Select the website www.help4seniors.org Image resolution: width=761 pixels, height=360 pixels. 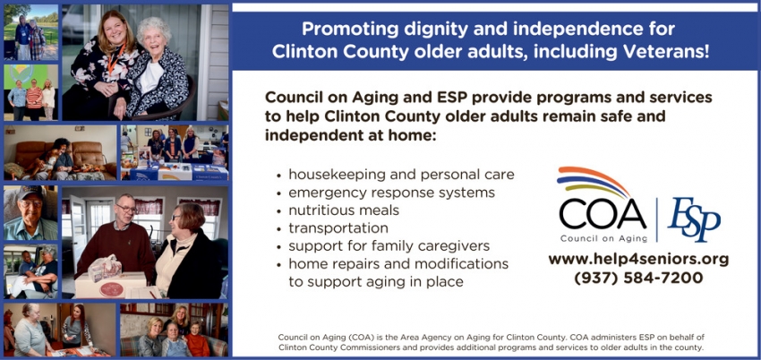point(637,259)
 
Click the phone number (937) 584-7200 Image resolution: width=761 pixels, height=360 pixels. point(637,278)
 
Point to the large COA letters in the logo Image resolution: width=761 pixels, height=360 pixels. point(602,214)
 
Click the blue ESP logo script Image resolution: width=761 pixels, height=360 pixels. point(694,219)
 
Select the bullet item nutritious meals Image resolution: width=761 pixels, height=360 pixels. point(343,210)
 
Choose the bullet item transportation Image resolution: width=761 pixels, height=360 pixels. point(338,228)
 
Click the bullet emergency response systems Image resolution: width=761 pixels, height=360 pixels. point(390,193)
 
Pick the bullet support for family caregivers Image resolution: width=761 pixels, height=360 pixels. point(389,246)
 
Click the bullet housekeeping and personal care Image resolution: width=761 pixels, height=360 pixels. point(400,175)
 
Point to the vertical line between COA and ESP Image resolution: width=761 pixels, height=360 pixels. point(656,218)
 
